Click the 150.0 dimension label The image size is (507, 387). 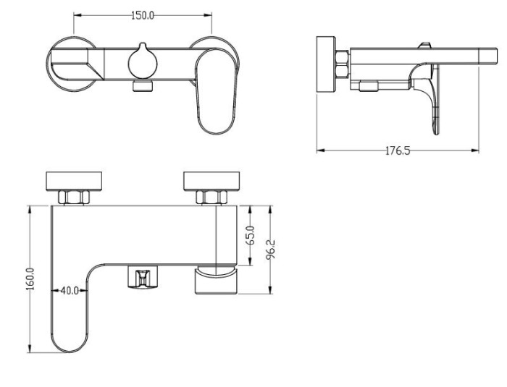(x=143, y=15)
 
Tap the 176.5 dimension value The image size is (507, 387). (x=398, y=150)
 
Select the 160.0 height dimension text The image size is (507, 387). (x=30, y=278)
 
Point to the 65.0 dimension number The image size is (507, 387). (x=251, y=236)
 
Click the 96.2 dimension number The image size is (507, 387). (x=270, y=249)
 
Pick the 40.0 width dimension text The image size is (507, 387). (x=70, y=291)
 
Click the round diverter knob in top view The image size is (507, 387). (x=143, y=61)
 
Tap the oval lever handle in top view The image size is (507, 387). (x=217, y=91)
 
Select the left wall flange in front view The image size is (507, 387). (x=74, y=182)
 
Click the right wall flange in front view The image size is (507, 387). (x=211, y=182)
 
